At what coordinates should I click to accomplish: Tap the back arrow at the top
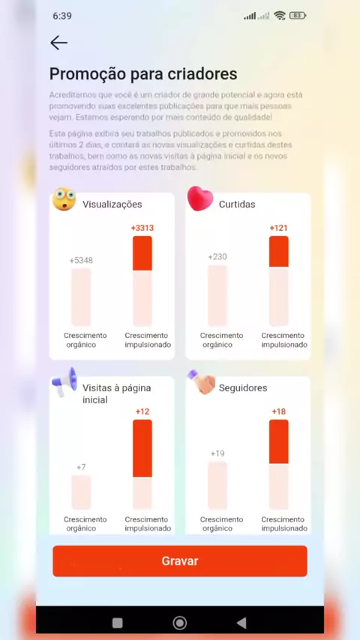(58, 43)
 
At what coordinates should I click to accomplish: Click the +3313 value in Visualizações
(142, 228)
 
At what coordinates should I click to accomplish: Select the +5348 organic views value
(81, 260)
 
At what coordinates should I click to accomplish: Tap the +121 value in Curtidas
(278, 228)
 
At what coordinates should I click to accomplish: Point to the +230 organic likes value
(217, 257)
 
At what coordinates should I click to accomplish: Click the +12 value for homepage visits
(142, 411)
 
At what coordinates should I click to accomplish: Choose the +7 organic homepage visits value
(81, 467)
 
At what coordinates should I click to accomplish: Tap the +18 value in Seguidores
(278, 411)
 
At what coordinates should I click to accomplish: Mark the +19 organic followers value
(217, 453)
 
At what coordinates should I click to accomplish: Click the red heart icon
(199, 199)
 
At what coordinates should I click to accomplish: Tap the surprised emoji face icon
(64, 199)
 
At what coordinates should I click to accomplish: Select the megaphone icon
(64, 381)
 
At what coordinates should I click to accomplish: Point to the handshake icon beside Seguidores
(202, 382)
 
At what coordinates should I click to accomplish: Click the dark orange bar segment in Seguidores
(279, 441)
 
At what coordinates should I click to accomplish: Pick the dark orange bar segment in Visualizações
(142, 253)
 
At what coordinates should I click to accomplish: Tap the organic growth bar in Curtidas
(217, 295)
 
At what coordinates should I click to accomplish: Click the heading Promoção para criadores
(143, 74)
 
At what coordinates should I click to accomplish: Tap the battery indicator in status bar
(298, 16)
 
